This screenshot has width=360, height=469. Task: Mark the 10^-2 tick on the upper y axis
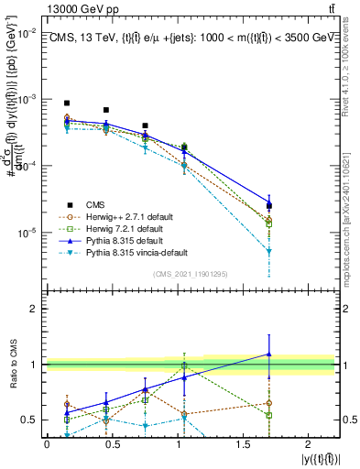27,32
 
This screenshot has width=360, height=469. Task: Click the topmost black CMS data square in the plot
67,104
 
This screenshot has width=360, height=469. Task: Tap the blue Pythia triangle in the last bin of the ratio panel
268,354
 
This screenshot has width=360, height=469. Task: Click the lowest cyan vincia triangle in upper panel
268,251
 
